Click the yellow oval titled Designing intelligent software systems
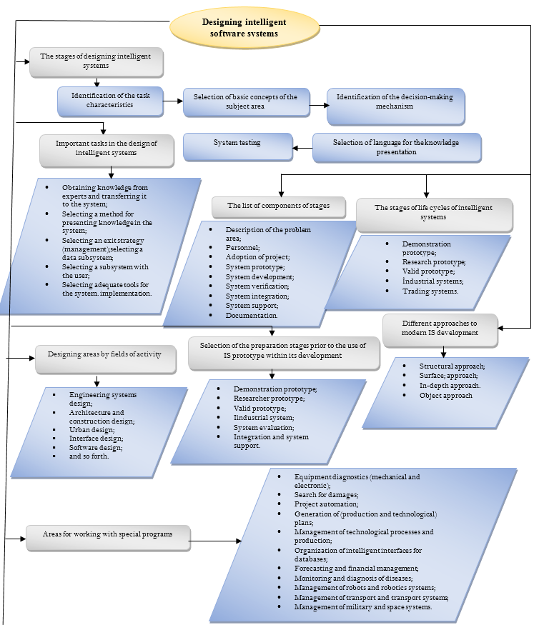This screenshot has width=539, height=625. pyautogui.click(x=244, y=28)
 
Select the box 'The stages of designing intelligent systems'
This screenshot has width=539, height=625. pyautogui.click(x=96, y=61)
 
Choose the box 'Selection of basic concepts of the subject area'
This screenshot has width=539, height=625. pyautogui.click(x=245, y=102)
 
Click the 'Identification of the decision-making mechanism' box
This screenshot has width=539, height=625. pyautogui.click(x=395, y=106)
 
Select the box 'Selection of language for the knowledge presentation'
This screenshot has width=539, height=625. pyautogui.click(x=396, y=147)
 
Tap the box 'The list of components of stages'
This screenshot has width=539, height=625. pyautogui.click(x=279, y=206)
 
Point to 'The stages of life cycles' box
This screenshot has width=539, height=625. pyautogui.click(x=434, y=213)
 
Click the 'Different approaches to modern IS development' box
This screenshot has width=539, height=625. pyautogui.click(x=440, y=329)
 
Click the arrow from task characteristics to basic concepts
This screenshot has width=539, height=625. pyautogui.click(x=172, y=101)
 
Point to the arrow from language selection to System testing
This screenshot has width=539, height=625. pyautogui.click(x=303, y=149)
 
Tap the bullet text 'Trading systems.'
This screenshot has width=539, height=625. pyautogui.click(x=429, y=291)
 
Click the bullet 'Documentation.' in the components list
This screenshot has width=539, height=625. pyautogui.click(x=252, y=315)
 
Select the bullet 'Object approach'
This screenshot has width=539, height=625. pyautogui.click(x=446, y=395)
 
